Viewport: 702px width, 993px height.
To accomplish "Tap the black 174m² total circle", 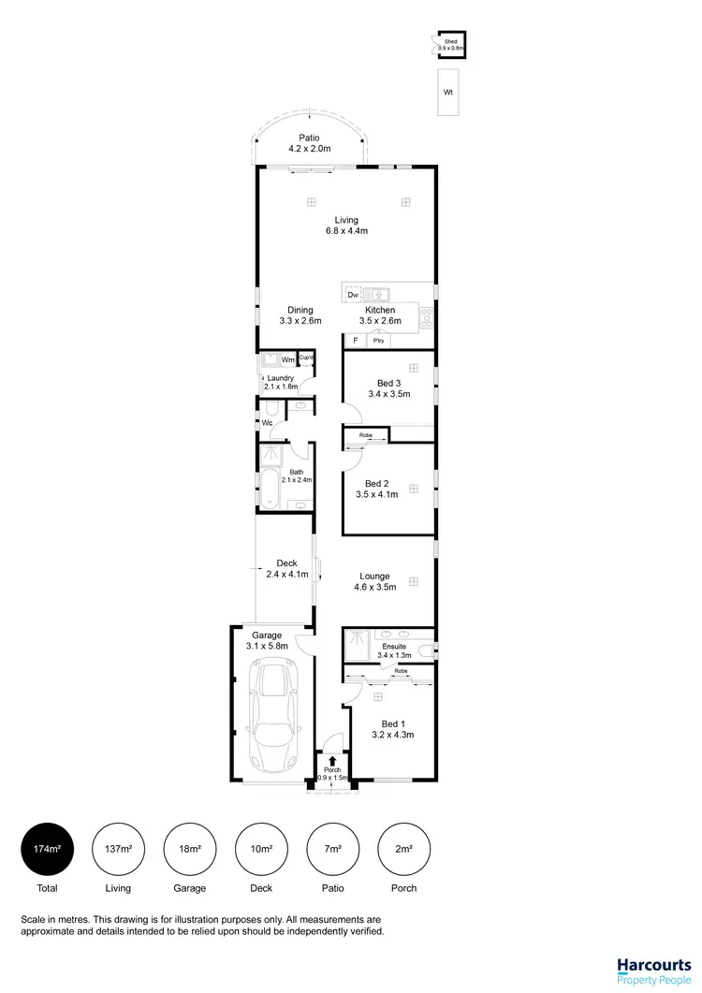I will pos(47,848).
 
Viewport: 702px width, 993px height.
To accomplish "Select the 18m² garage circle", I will pos(190,848).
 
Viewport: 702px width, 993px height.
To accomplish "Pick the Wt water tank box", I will pos(448,93).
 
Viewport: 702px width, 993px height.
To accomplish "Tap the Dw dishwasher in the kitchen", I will pos(353,296).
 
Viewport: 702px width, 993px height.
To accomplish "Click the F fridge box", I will pos(355,342).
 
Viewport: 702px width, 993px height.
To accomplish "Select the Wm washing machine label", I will pos(287,359).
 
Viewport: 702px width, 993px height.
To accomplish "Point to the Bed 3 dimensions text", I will pos(388,395).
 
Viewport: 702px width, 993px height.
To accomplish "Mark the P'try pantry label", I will pos(379,342).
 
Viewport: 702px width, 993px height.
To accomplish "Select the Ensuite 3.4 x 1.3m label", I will pos(393,650).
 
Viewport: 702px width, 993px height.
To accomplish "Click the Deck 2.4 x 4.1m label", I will pos(286,569).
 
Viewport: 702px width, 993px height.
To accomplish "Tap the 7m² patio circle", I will pos(332,848).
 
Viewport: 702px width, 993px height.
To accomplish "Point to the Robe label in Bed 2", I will pos(365,435).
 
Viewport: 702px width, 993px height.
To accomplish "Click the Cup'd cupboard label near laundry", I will pos(305,358).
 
